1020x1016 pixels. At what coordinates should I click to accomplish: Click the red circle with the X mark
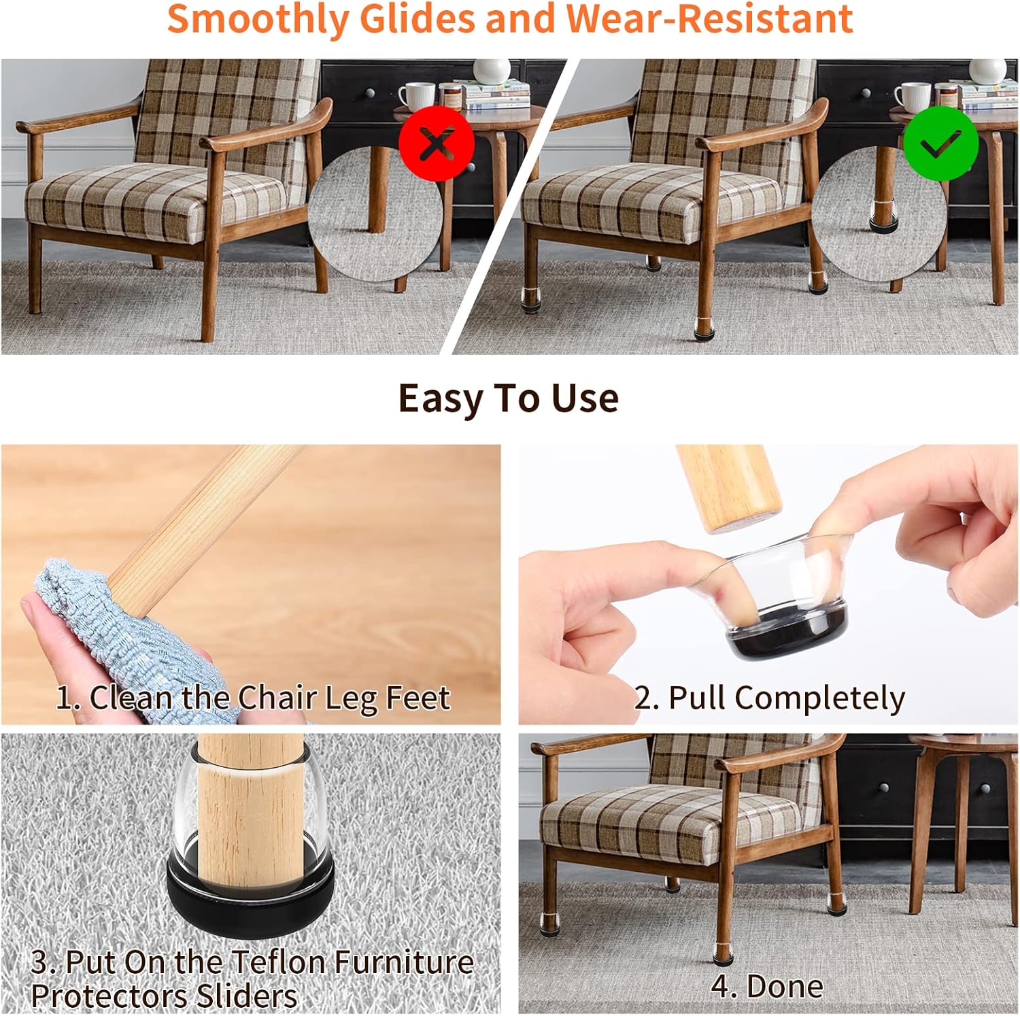click(436, 143)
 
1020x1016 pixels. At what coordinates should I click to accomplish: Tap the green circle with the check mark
click(941, 143)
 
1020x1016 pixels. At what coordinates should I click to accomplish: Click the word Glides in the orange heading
click(418, 18)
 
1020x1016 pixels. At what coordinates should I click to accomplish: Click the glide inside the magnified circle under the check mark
click(883, 216)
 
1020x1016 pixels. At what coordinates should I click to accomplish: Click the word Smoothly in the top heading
click(258, 18)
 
